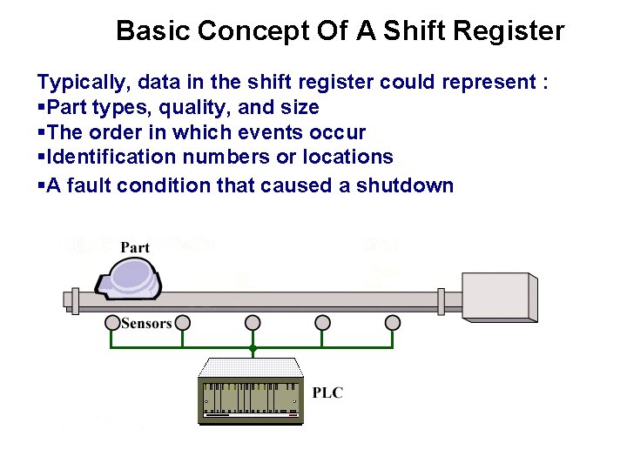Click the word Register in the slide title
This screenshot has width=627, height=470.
pos(510,32)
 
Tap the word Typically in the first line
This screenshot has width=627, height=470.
pos(76,83)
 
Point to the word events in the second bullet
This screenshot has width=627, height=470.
pos(285,132)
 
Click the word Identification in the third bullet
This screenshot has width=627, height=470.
pos(101,157)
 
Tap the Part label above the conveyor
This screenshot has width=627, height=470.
pos(135,247)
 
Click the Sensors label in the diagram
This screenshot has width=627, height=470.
pos(146,324)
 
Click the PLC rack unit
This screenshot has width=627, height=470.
pos(253,391)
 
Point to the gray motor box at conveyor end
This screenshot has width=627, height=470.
pos(499,298)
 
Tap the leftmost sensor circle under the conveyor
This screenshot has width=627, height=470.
pos(112,323)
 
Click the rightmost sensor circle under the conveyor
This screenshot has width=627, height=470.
pos(393,323)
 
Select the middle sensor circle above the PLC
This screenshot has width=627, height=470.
pos(253,323)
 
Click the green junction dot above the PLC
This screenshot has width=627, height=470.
pos(253,348)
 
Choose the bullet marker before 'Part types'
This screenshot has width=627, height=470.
pos(41,108)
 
